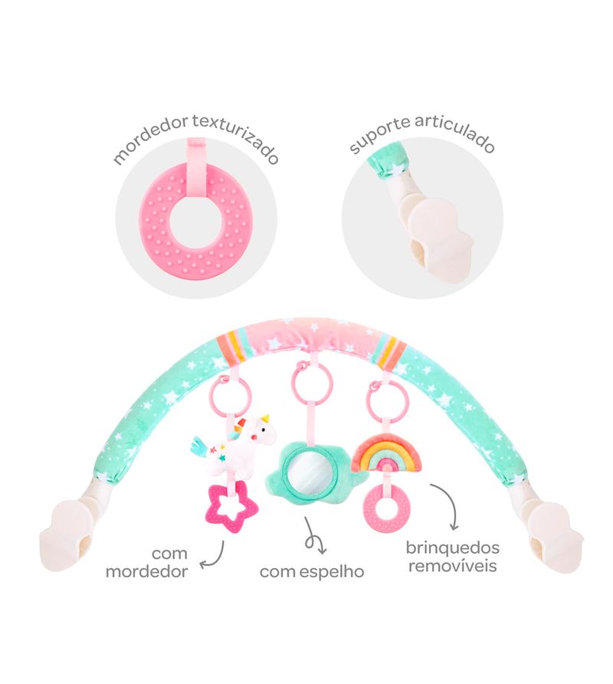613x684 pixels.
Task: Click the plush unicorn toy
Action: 235,444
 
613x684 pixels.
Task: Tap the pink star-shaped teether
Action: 231,508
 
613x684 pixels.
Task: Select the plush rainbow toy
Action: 386,452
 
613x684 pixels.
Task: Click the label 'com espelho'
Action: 312,571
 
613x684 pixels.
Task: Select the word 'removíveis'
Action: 453,566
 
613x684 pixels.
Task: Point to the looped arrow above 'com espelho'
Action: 314,536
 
